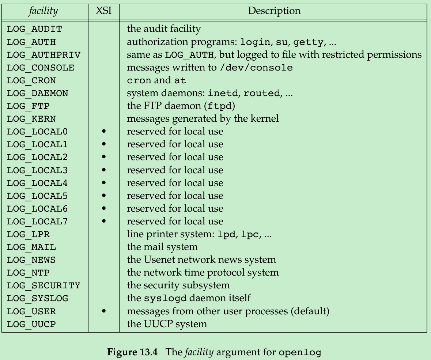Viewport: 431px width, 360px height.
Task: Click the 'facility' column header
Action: pos(43,11)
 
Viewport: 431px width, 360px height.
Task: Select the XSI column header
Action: pos(103,11)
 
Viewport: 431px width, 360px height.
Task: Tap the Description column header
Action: pos(274,11)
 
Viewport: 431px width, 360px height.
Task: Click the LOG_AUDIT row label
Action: pos(34,29)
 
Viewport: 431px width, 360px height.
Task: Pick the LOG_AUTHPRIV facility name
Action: pos(44,55)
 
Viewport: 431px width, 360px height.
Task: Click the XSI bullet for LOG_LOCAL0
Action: pos(104,132)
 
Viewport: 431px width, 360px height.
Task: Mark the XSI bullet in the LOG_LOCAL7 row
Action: pos(104,221)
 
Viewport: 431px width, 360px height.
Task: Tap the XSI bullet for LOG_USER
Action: pos(104,311)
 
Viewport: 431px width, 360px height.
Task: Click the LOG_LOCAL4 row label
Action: pos(37,183)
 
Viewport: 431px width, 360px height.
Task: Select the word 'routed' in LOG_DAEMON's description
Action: pos(261,94)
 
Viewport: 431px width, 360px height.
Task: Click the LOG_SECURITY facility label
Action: pos(44,285)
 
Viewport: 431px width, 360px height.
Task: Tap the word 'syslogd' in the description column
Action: pos(165,298)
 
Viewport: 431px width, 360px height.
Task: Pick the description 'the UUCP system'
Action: pos(167,324)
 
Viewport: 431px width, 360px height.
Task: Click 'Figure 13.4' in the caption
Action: pos(132,352)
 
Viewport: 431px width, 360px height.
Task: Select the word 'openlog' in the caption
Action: pos(300,353)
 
